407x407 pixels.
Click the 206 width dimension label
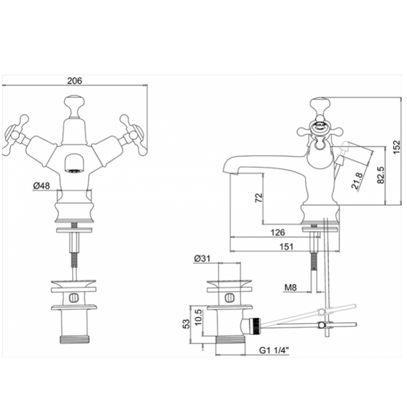click(74, 81)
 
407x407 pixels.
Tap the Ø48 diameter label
click(41, 185)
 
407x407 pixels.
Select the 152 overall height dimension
click(397, 147)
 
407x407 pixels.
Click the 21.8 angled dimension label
click(357, 181)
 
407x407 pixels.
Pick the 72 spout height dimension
click(259, 198)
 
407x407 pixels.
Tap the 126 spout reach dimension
click(278, 233)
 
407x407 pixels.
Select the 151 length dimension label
click(286, 247)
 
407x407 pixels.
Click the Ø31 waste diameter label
click(202, 259)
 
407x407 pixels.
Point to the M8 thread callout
click(291, 287)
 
